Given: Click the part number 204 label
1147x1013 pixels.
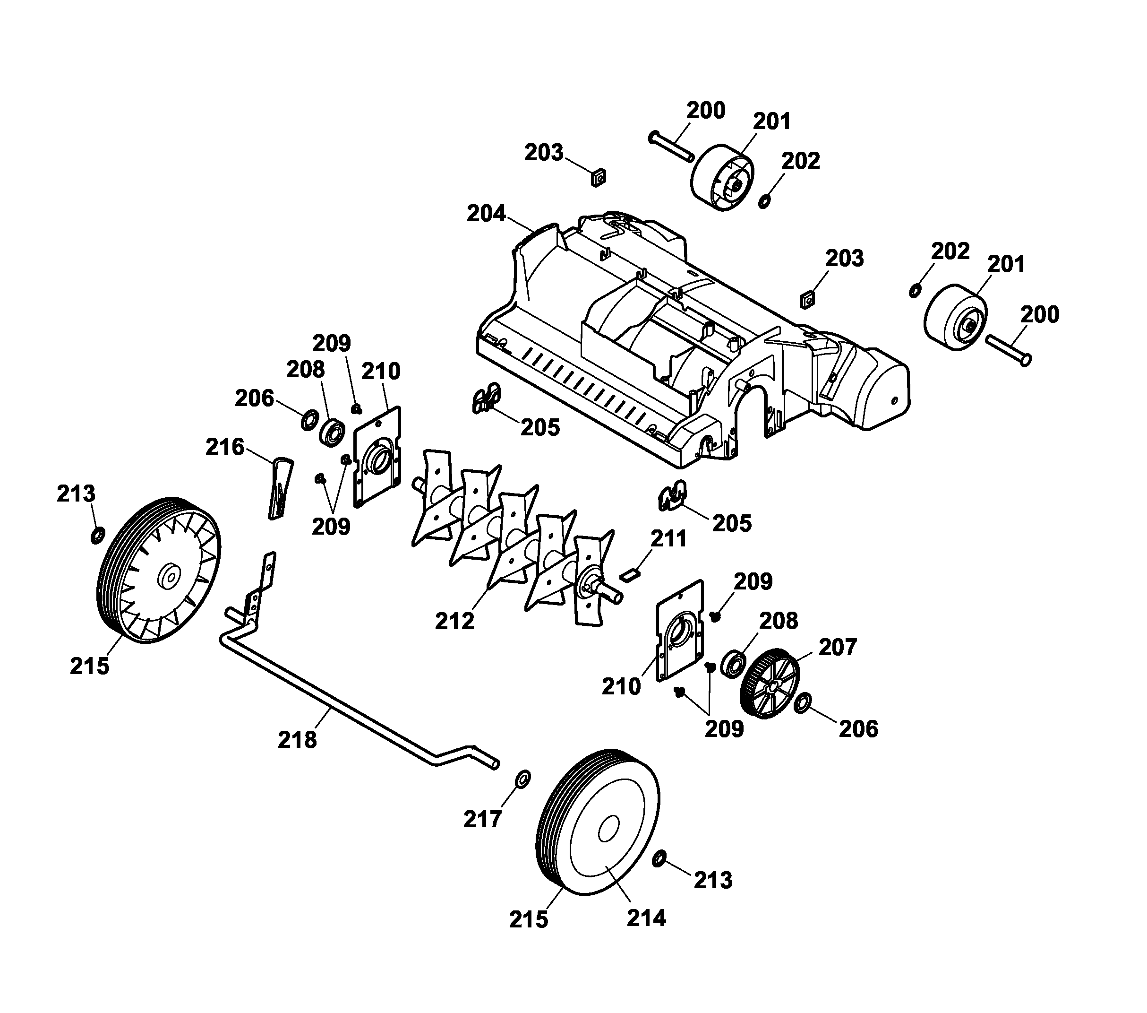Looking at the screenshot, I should pos(486,214).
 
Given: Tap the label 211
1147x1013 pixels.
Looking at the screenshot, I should pos(668,538).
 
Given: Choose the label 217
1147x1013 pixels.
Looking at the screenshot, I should pos(482,819).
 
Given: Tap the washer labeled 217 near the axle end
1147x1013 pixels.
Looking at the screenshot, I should pos(523,779).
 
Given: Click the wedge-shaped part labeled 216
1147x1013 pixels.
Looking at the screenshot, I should pos(281,487).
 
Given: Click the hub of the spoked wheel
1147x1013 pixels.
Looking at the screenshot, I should pos(168,576).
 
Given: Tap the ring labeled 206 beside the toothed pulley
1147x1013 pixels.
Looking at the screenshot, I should pos(803,702).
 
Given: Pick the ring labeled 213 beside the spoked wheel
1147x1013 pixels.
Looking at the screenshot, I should pos(97,535).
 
